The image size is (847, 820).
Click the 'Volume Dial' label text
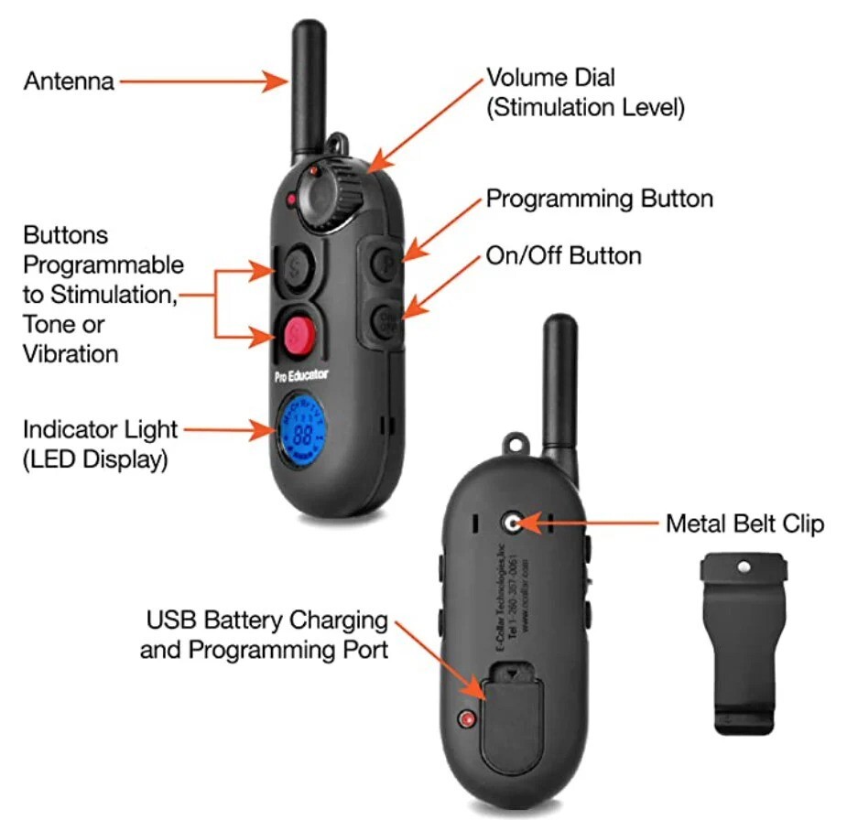[550, 79]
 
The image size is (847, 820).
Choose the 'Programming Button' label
[599, 199]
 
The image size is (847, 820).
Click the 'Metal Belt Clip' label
[744, 523]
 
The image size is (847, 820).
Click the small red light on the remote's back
[469, 719]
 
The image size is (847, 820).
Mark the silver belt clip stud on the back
[512, 523]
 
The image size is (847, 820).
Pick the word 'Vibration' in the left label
[71, 352]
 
